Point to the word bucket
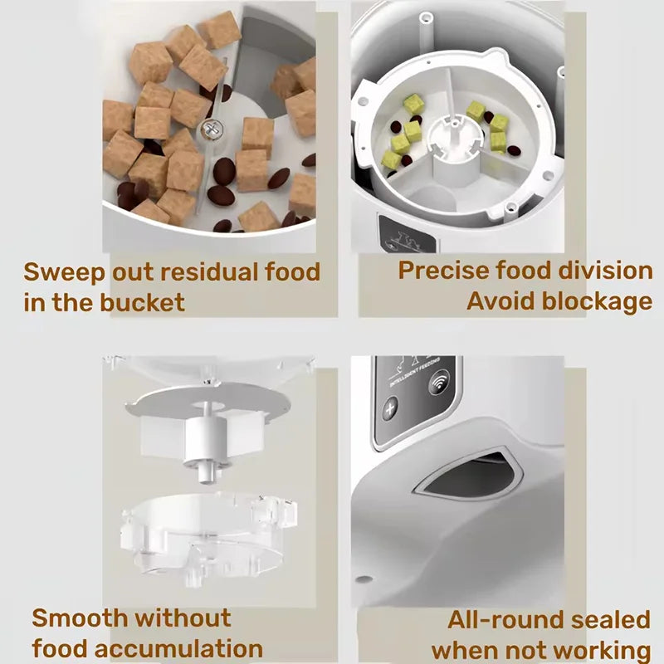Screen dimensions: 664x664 (142, 302)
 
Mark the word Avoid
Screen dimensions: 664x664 (496, 300)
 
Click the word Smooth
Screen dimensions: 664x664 (80, 618)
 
